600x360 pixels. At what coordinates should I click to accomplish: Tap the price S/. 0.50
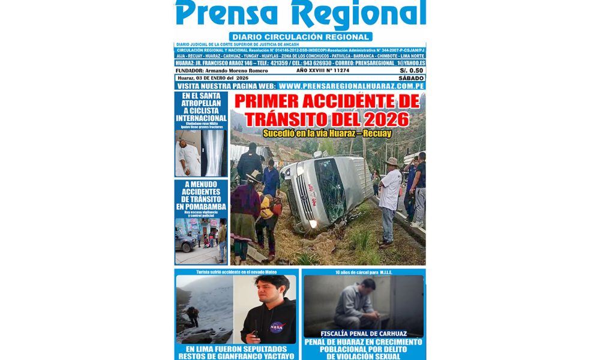412,70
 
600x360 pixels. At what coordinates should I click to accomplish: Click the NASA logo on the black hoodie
276,327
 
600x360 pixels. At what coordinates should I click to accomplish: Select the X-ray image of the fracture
215,152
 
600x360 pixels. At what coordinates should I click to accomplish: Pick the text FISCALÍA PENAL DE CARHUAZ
364,334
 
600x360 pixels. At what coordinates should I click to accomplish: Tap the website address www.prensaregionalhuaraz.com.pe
352,86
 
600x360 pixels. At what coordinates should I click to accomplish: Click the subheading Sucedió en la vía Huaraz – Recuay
326,131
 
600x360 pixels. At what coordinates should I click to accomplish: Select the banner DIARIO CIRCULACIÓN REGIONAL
301,37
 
